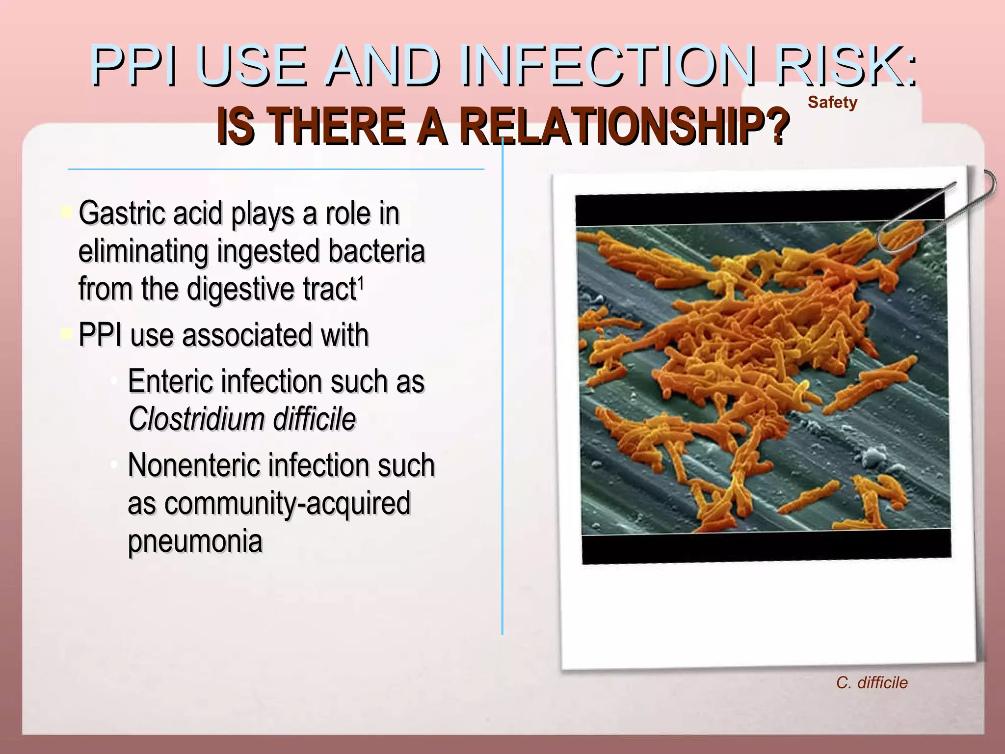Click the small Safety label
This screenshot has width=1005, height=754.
832,102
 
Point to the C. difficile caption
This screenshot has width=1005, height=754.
872,682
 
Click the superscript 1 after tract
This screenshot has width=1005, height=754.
361,282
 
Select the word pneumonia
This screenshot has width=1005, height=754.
195,541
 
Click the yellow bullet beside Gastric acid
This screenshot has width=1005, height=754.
66,213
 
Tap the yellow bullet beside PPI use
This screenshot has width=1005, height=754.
66,334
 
